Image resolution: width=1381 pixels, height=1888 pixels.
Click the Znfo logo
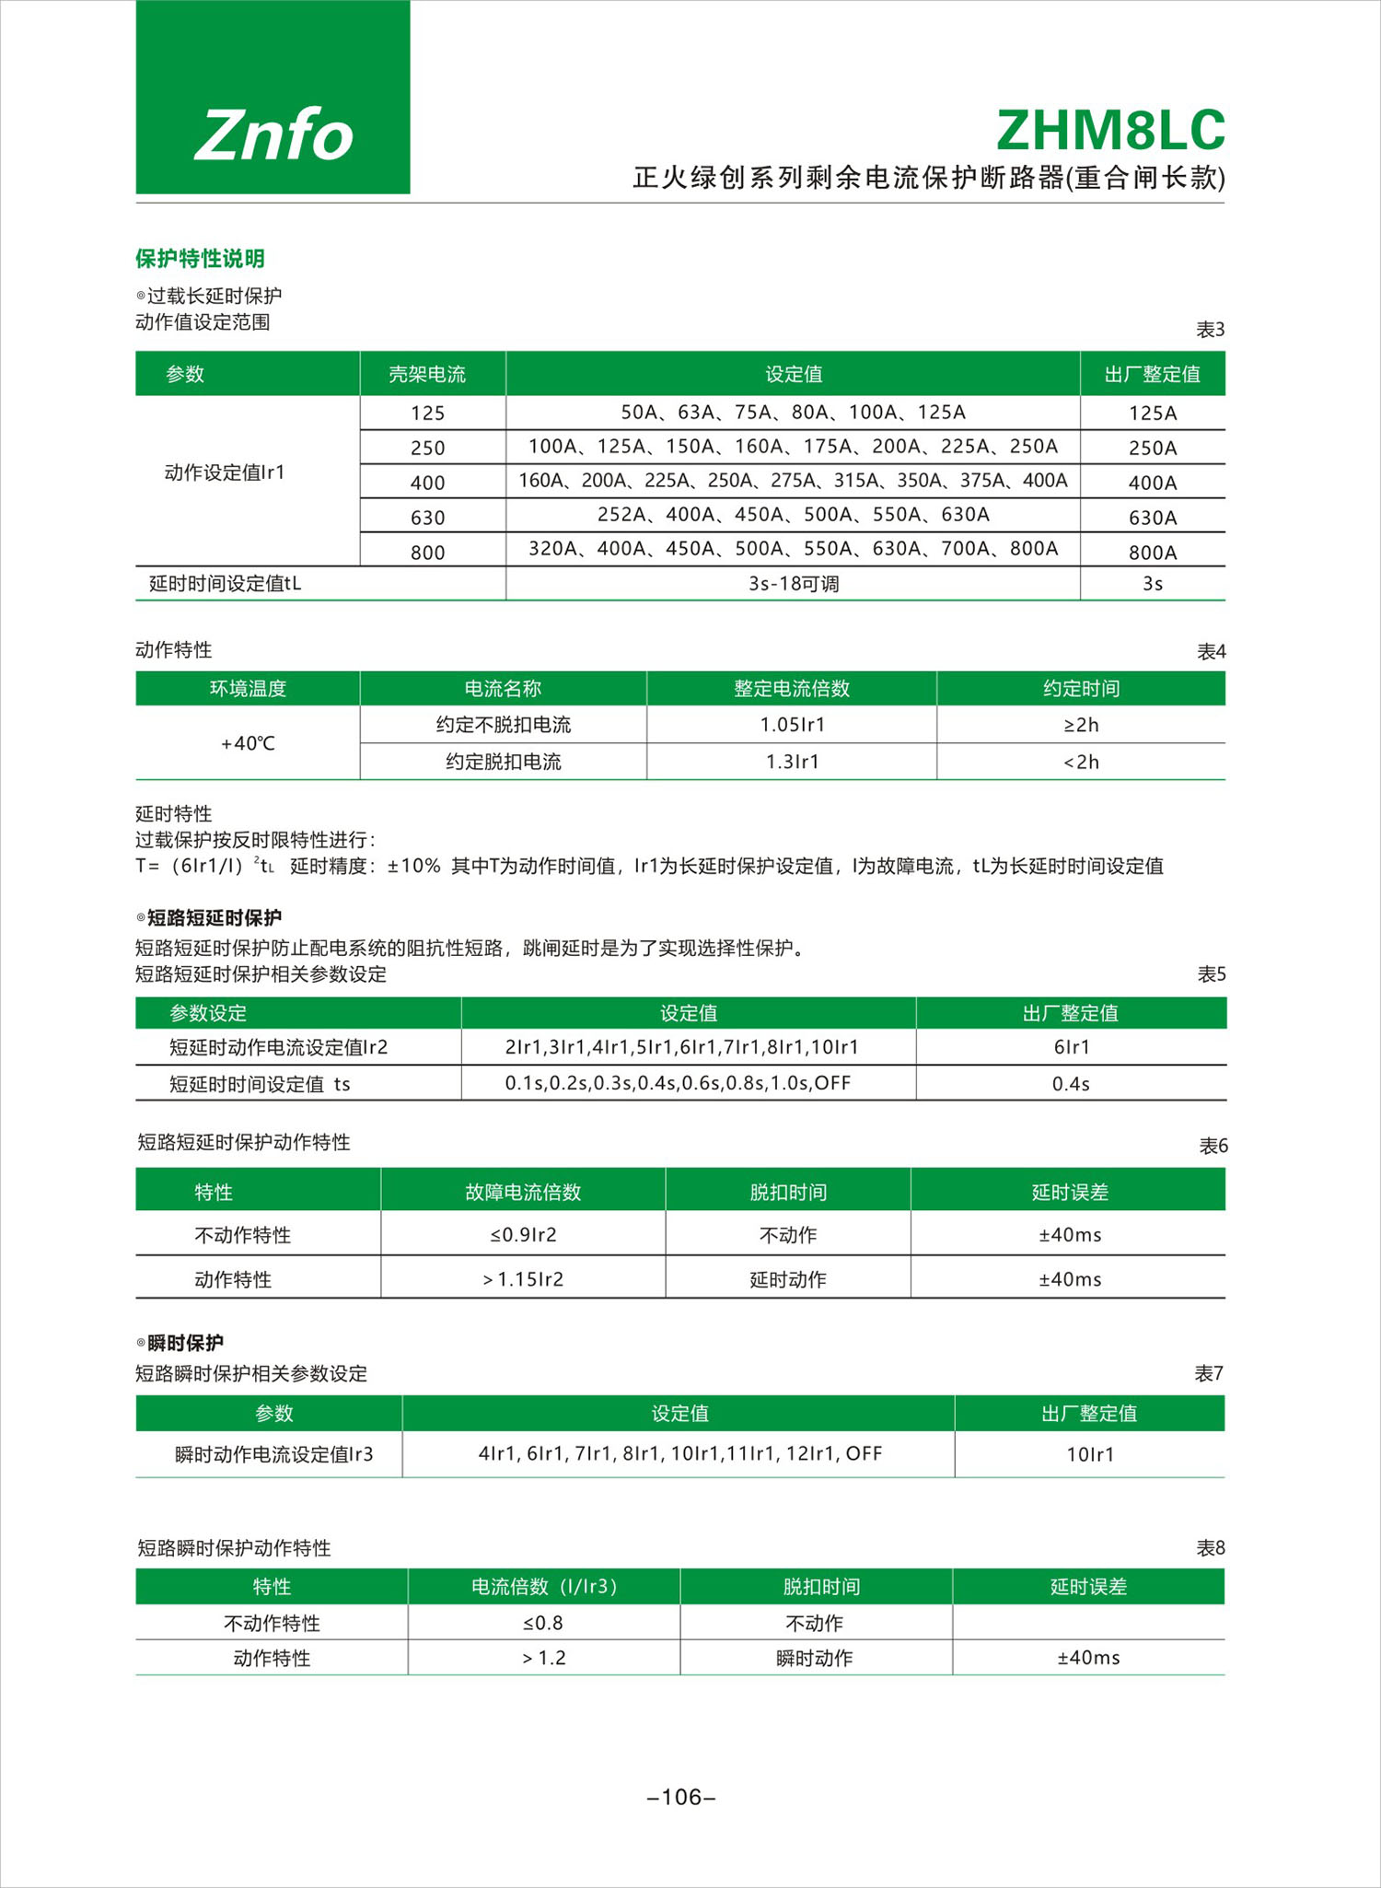pos(273,134)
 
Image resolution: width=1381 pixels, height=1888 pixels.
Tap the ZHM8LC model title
pos(1110,131)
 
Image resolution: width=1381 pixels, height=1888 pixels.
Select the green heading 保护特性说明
pos(200,259)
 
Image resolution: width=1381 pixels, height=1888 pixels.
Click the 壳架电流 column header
pos(427,374)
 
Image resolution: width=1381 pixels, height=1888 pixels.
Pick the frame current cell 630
pos(427,518)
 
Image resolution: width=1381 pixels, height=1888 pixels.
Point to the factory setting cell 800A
pos(1153,553)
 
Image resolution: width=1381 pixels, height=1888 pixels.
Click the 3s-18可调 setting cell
pos(794,584)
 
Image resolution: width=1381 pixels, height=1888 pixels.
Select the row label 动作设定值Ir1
pos(225,472)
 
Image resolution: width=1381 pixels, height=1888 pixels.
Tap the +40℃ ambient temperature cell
pos(248,743)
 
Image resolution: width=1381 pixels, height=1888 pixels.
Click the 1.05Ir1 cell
pos(793,725)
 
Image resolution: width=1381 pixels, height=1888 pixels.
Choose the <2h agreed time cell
pos(1081,762)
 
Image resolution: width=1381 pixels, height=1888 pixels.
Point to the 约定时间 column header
pos(1081,688)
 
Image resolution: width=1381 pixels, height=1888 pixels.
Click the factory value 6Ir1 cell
pos(1072,1047)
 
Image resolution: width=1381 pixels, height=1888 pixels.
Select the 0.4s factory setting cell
pos(1071,1084)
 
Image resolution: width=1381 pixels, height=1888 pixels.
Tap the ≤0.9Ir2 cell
pos(523,1235)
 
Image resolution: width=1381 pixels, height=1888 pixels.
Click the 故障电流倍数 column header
pos(523,1192)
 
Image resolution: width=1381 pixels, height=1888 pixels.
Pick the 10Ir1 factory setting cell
pos(1090,1454)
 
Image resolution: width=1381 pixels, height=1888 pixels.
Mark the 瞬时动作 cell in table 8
pos(815,1658)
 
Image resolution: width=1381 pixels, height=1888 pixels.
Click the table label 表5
pos(1211,973)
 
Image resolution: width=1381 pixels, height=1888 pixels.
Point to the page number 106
pos(682,1797)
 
